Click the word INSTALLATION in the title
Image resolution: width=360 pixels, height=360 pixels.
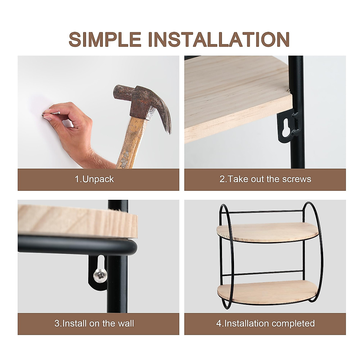(219, 39)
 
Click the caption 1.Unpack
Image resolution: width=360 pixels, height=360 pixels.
(94, 179)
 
